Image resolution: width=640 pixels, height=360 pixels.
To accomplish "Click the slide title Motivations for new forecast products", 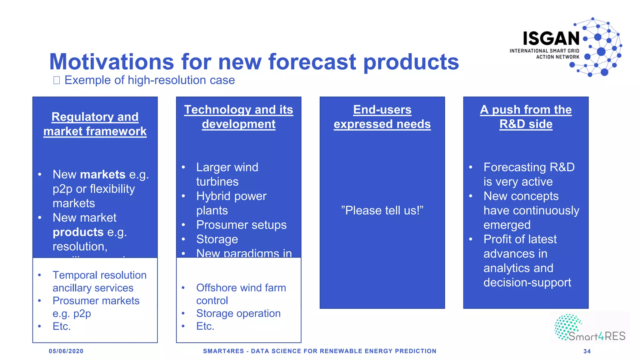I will click(254, 62).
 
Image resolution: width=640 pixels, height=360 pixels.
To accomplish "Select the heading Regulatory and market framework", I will click(95, 124).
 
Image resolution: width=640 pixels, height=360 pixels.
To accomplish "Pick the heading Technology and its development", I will click(238, 117).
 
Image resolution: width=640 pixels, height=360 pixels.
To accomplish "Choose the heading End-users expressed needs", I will click(382, 117).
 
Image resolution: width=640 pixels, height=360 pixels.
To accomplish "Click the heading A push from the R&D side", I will click(526, 117).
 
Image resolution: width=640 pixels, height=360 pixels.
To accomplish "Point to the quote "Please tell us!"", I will click(382, 210).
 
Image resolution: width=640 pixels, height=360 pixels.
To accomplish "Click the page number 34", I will click(587, 351).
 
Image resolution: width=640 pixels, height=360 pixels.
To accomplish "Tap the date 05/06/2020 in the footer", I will click(66, 351).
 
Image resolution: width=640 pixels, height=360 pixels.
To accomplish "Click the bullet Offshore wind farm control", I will click(241, 294).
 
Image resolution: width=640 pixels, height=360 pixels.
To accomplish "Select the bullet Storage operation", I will click(238, 313).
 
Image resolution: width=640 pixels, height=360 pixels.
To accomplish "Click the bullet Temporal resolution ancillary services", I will click(99, 281).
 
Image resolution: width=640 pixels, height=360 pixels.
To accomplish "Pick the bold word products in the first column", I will click(78, 232).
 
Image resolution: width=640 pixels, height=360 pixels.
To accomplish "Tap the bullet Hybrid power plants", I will click(231, 203).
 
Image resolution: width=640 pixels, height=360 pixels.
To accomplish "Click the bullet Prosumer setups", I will click(241, 225).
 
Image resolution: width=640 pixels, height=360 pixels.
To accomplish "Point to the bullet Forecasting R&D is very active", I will click(529, 174).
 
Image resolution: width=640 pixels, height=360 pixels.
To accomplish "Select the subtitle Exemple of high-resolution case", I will click(149, 80).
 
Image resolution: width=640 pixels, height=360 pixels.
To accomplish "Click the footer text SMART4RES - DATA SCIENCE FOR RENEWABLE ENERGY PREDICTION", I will click(319, 351).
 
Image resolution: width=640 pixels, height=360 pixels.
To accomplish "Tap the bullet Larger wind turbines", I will click(227, 174).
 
